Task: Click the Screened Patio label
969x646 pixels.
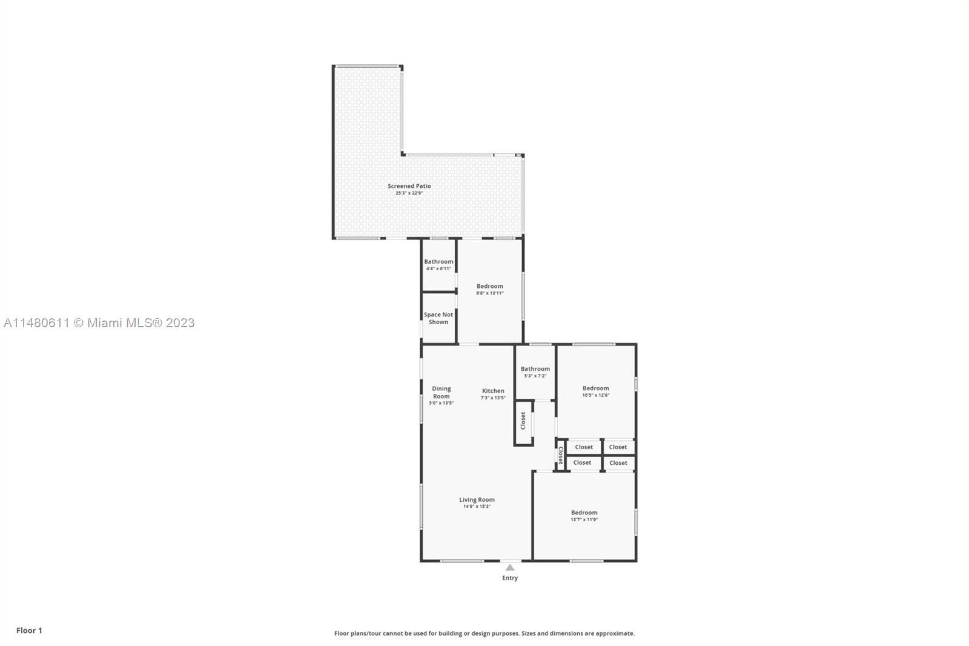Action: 409,186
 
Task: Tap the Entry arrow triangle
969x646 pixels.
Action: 510,568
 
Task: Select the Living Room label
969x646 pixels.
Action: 477,500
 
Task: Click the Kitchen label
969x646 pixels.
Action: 493,390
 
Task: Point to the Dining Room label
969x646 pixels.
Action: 442,392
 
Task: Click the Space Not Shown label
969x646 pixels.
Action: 438,318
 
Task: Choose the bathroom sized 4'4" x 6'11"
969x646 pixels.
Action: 438,265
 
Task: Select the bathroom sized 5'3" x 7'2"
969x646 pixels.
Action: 535,372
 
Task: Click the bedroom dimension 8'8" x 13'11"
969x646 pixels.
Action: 490,293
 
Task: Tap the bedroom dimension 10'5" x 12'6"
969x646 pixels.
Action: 596,395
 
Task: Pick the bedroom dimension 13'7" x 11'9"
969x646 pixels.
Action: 584,519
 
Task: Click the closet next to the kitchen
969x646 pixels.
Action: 523,422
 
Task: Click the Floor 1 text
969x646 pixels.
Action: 30,630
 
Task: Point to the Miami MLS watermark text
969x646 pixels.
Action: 99,323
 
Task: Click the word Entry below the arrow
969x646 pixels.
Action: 510,578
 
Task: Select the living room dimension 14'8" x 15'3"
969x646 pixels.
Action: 477,507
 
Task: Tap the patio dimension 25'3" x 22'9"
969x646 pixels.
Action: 409,193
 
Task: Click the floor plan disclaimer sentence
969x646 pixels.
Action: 484,633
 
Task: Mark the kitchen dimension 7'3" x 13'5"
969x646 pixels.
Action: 493,398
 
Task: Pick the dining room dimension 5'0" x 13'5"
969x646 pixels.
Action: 442,403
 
